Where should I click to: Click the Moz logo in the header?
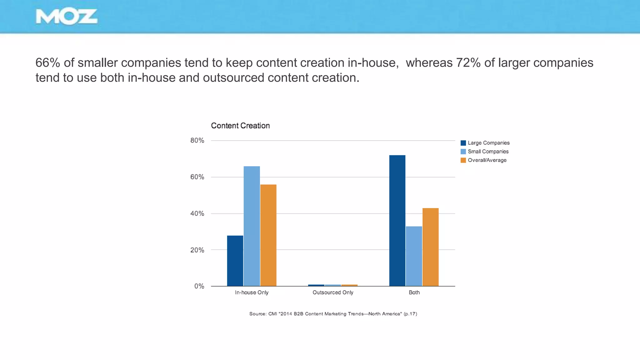click(67, 17)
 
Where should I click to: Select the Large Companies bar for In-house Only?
click(235, 261)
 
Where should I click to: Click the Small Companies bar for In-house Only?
click(252, 226)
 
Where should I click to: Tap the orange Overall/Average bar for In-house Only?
click(268, 235)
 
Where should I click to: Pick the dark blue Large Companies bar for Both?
click(397, 220)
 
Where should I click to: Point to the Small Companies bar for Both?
click(414, 256)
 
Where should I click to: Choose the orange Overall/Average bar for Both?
click(430, 247)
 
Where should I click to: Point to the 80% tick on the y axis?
click(197, 141)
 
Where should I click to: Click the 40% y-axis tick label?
click(197, 214)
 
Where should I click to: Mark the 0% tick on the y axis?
click(199, 286)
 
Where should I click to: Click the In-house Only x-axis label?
click(252, 292)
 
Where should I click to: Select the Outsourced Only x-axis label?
click(333, 292)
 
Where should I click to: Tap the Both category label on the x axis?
click(414, 292)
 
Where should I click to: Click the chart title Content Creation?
click(240, 126)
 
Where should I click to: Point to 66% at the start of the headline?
click(47, 63)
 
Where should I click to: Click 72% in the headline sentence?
click(468, 63)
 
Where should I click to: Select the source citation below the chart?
click(333, 314)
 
